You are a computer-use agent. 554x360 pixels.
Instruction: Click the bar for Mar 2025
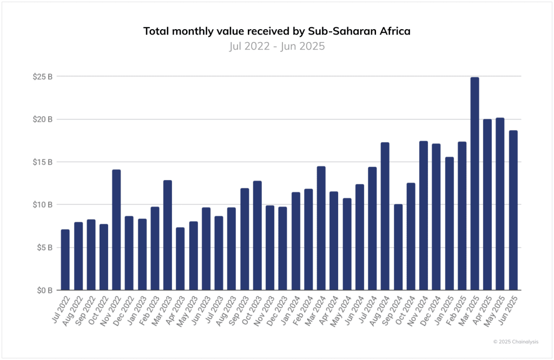pyautogui.click(x=474, y=184)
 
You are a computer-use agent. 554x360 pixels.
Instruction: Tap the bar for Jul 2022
pyautogui.click(x=65, y=259)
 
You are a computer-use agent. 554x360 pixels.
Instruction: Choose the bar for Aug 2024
pyautogui.click(x=385, y=216)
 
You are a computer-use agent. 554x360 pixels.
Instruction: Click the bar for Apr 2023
pyautogui.click(x=180, y=259)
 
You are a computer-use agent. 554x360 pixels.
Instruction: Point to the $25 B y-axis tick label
pyautogui.click(x=42, y=77)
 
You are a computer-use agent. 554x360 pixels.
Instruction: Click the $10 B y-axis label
pyautogui.click(x=42, y=205)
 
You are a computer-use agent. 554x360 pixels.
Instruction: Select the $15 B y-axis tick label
pyautogui.click(x=42, y=162)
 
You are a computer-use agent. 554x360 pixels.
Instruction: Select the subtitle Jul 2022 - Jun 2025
pyautogui.click(x=276, y=46)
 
